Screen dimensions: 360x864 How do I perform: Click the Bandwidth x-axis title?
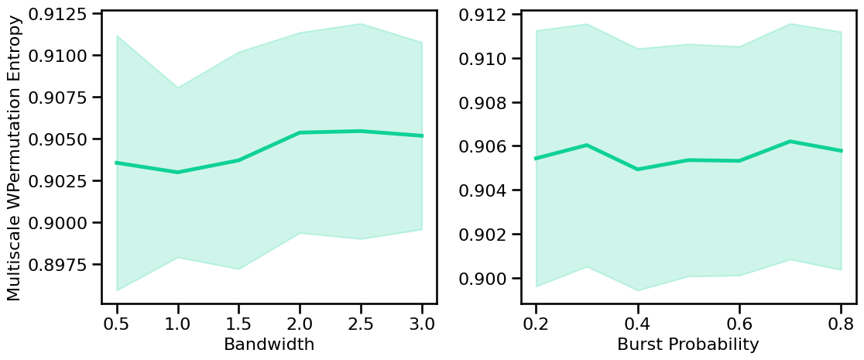pos(269,345)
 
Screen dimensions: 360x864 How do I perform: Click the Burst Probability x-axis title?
pos(687,345)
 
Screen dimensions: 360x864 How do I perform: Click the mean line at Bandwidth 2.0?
pos(300,132)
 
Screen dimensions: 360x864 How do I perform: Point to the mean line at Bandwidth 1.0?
pos(177,172)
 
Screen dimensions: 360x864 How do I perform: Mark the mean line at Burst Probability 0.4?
pos(637,169)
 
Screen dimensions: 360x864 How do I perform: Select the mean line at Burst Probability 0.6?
pos(739,161)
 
